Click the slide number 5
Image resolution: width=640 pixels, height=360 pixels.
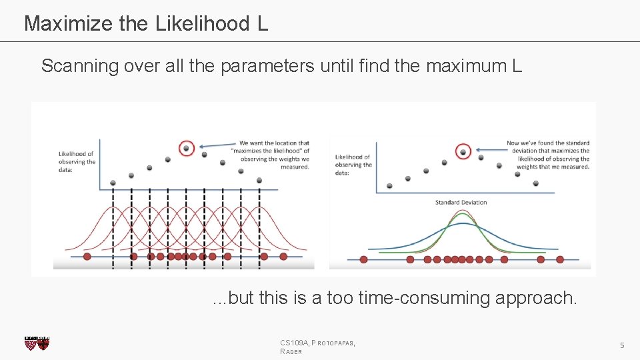pyautogui.click(x=621, y=345)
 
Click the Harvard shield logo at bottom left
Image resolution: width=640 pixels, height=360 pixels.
pyautogui.click(x=37, y=343)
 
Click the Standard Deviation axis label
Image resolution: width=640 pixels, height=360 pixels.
pyautogui.click(x=461, y=202)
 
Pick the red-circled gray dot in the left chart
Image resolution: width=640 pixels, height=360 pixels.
pyautogui.click(x=187, y=148)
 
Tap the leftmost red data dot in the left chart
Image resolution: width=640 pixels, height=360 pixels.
pyautogui.click(x=87, y=256)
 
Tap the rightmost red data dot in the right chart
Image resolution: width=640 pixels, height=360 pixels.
pyautogui.click(x=560, y=259)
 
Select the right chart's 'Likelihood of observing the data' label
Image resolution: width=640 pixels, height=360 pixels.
pyautogui.click(x=353, y=165)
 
